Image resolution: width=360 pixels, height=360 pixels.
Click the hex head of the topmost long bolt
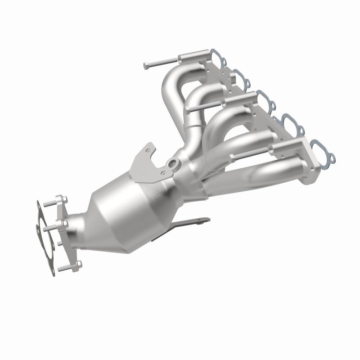click(146, 66)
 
